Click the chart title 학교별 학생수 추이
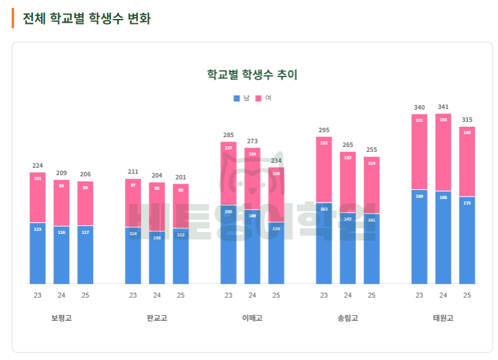[x=252, y=75]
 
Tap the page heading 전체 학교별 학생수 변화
[x=86, y=18]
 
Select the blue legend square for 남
[x=236, y=98]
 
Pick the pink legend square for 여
[x=258, y=98]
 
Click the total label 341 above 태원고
[x=443, y=107]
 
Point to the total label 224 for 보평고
[x=37, y=165]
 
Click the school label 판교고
[x=157, y=318]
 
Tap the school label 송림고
[x=347, y=318]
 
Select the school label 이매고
[x=252, y=318]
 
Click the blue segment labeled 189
[x=419, y=237]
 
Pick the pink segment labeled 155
[x=443, y=152]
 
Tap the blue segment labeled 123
[x=37, y=253]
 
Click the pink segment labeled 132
[x=324, y=170]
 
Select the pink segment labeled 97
[x=133, y=203]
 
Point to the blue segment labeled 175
[x=467, y=241]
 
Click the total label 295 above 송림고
[x=324, y=130]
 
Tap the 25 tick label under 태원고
[x=467, y=295]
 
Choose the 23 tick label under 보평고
[x=37, y=295]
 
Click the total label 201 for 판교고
[x=181, y=178]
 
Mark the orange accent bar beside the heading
[x=13, y=18]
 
